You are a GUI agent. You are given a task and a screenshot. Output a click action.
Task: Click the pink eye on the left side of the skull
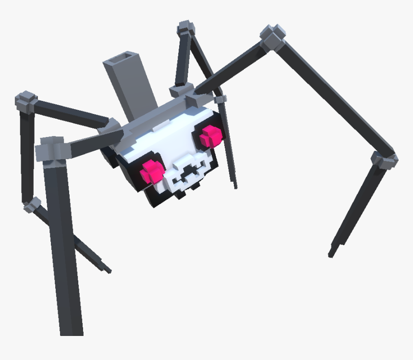tap(152, 171)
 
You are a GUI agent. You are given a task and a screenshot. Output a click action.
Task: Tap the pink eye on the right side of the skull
tap(210, 136)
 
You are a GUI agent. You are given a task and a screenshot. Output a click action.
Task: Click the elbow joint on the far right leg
tap(384, 159)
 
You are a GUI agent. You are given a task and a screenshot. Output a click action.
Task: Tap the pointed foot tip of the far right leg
tap(331, 253)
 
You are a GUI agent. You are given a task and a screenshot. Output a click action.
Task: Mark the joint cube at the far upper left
tap(26, 100)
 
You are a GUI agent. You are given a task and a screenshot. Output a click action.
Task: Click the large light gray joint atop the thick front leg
tap(51, 149)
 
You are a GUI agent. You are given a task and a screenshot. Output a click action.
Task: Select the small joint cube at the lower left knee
tap(33, 205)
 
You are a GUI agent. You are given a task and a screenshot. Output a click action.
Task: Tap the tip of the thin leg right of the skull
tap(235, 186)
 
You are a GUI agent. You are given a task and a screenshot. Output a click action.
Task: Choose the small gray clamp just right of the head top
tap(220, 99)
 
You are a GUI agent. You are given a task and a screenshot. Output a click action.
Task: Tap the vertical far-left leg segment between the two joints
tap(27, 154)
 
